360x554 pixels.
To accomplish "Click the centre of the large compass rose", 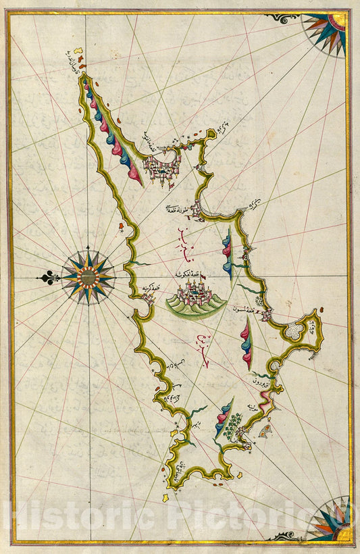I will [88, 276].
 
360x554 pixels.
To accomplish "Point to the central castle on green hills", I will [195, 297].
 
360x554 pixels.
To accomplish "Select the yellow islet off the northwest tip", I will [79, 51].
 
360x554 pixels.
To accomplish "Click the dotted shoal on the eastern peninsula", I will [295, 331].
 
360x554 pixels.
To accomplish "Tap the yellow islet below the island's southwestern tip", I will [165, 498].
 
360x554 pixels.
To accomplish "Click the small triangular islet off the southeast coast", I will [267, 427].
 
